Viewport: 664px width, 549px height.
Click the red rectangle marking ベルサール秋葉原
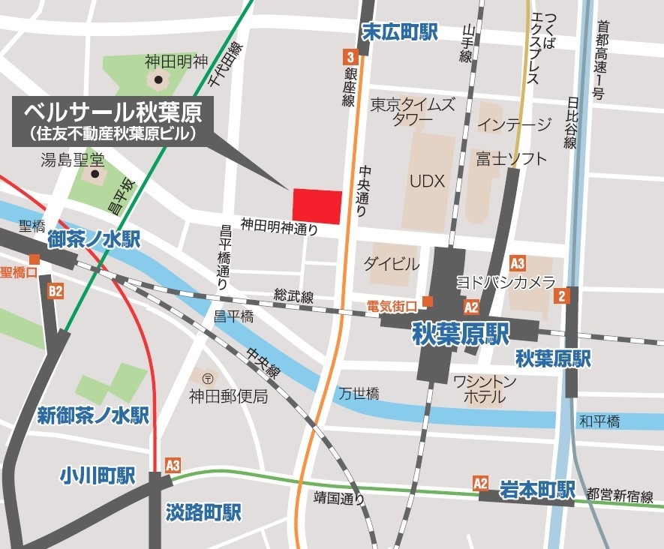tap(317, 206)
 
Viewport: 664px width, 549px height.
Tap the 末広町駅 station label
tap(399, 32)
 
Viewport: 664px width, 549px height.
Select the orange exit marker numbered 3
tap(350, 55)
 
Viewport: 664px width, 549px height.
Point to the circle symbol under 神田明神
tap(158, 79)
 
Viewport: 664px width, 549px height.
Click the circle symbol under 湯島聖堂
tap(95, 175)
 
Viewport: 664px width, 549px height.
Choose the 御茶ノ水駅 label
tap(94, 240)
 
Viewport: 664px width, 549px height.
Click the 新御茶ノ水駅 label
tap(94, 415)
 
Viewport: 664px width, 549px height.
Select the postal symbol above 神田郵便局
tap(207, 377)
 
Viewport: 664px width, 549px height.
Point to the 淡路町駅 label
tap(203, 513)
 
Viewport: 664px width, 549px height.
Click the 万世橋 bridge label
tap(358, 393)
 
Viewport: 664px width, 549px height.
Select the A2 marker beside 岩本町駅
tap(481, 484)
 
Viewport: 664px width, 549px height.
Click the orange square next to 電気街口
tap(427, 301)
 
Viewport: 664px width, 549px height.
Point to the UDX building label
tap(428, 181)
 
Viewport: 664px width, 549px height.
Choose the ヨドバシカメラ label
tap(506, 282)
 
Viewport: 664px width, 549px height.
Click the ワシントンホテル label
tap(485, 389)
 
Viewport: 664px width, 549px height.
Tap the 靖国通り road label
tap(339, 497)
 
